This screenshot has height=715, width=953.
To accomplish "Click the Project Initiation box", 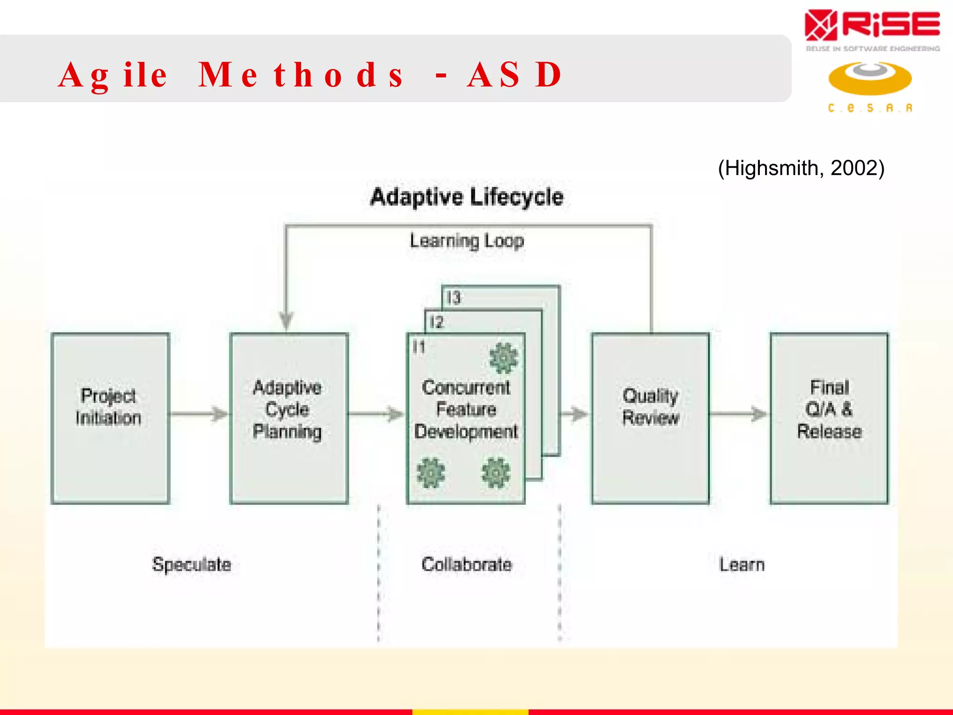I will tap(110, 418).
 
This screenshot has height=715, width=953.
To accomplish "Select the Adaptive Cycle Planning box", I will tap(289, 418).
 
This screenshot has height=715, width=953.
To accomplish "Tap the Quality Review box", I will tap(650, 418).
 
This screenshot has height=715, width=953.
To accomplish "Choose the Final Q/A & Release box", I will tap(829, 418).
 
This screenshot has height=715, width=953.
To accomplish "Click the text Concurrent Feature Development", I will tap(466, 409).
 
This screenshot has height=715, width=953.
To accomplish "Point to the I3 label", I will tap(453, 297).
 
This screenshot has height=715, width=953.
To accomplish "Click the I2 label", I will tap(436, 322).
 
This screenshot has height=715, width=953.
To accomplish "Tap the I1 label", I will tap(419, 347).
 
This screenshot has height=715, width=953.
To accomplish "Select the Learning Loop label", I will tap(467, 241).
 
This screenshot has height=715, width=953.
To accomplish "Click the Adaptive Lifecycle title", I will tap(467, 197).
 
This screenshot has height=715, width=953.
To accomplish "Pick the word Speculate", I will tap(191, 565).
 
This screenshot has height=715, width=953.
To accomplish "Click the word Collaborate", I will tap(467, 565).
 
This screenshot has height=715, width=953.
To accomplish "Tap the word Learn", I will tap(742, 565).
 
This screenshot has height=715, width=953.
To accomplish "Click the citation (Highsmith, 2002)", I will tap(801, 168).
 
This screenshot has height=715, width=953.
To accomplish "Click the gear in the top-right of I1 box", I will tap(503, 358).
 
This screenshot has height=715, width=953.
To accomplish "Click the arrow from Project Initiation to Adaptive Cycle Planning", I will tap(199, 413).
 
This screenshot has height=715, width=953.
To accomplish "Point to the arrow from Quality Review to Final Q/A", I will tap(739, 413).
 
